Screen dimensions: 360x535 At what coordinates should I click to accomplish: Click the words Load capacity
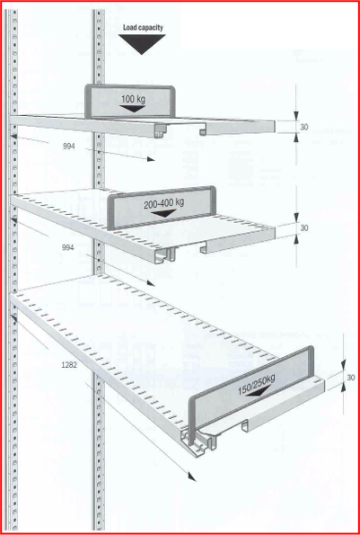pos(143,28)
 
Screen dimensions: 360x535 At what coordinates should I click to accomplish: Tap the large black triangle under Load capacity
pos(142,43)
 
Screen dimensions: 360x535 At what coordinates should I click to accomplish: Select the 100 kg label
pos(133,100)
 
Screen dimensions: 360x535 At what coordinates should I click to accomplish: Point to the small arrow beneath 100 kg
pos(133,109)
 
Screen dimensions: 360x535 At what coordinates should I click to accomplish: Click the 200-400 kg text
pos(163,203)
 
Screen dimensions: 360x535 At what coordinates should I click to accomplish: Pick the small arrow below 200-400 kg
pos(163,214)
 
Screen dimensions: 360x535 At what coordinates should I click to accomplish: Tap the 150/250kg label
pos(256,385)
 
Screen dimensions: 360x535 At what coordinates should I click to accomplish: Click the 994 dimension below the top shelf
pos(69,147)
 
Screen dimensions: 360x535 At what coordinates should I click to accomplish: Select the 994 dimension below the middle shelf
pos(67,247)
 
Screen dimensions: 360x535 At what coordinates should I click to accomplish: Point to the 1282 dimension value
pos(69,365)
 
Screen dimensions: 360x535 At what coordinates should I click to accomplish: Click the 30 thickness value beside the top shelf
pos(304,127)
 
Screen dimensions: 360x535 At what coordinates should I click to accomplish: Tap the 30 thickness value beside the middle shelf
pos(304,227)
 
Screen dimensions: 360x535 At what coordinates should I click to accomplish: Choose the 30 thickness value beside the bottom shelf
pos(351,378)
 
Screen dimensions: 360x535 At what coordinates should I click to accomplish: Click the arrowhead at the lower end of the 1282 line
pos(193,477)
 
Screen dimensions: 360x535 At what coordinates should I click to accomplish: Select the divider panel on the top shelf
pos(130,102)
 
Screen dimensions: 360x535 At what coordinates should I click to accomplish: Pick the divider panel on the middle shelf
pos(162,208)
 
